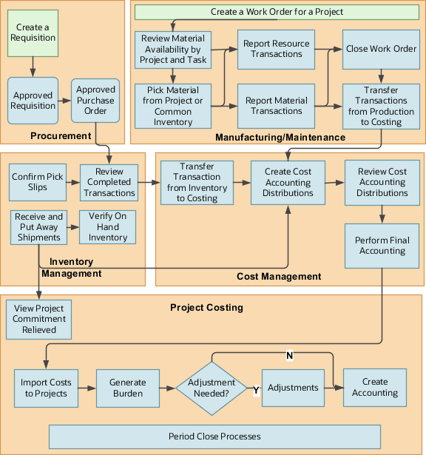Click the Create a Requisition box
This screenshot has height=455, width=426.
(x=32, y=33)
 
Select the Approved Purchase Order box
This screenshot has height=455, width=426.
(x=95, y=101)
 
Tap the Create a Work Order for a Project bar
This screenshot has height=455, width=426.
(x=277, y=12)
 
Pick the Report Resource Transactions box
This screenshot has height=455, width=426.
(x=277, y=49)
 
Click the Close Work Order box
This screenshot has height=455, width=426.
(x=381, y=49)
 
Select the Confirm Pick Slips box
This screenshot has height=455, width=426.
(x=38, y=182)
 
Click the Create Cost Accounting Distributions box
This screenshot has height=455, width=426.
(x=288, y=182)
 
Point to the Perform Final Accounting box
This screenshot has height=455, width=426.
(x=382, y=246)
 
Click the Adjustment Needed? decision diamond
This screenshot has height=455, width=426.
(x=212, y=388)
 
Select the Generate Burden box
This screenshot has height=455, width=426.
(x=128, y=388)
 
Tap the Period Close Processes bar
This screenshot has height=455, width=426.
(x=214, y=437)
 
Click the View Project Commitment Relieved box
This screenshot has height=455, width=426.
(x=38, y=319)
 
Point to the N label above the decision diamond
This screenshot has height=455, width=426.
(x=289, y=356)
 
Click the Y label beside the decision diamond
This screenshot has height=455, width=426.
(x=256, y=389)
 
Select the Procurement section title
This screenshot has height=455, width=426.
(x=61, y=135)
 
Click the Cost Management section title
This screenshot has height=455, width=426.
(x=279, y=276)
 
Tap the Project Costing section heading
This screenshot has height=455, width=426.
(x=206, y=307)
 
